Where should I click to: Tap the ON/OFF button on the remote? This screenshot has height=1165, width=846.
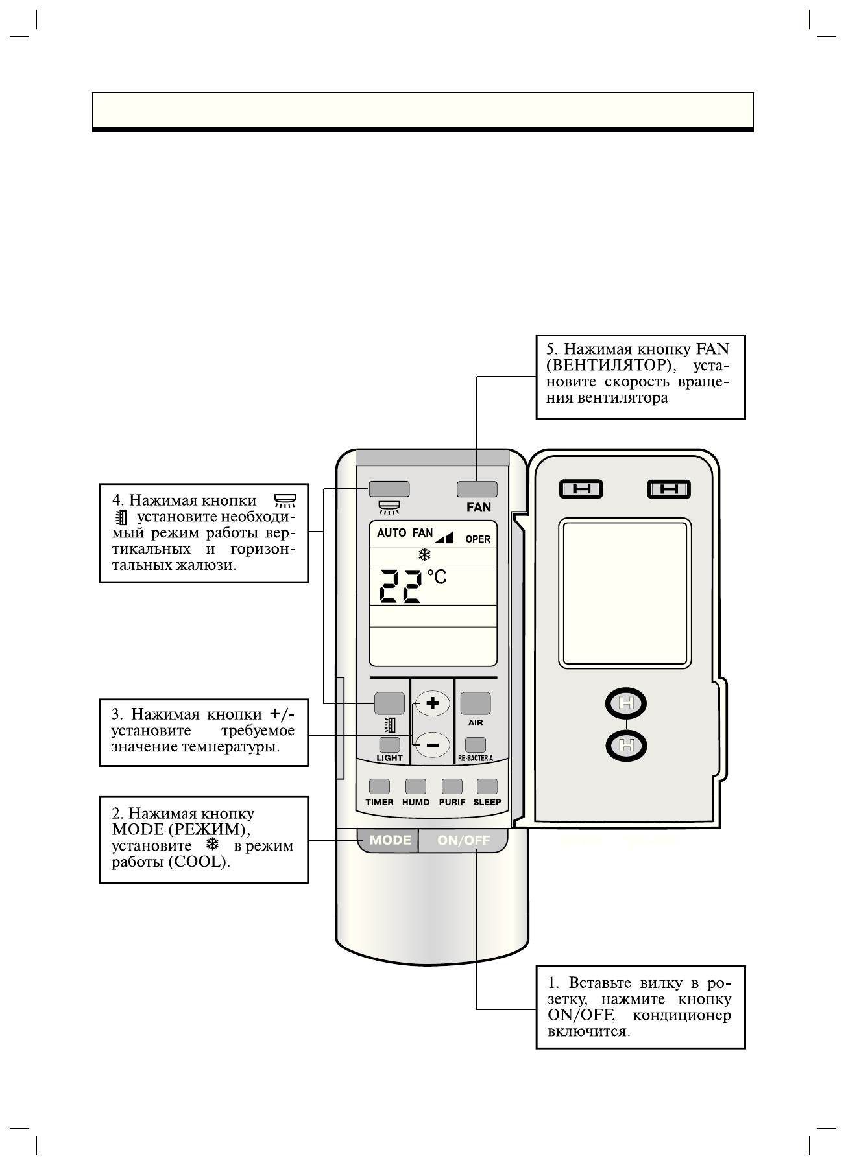click(463, 840)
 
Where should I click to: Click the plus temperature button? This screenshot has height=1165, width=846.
click(433, 703)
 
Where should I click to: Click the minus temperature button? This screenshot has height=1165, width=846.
click(433, 745)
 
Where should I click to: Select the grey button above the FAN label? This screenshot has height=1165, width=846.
click(477, 489)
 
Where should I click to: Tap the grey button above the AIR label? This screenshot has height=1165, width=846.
click(476, 703)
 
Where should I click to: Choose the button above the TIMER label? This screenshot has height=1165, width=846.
click(380, 786)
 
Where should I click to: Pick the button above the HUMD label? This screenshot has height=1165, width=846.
click(415, 786)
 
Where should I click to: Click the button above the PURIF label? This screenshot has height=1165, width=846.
click(452, 786)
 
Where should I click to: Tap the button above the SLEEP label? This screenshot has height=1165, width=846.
click(487, 786)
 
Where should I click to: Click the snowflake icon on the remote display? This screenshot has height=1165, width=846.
click(424, 556)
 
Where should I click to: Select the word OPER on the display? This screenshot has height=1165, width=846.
click(477, 539)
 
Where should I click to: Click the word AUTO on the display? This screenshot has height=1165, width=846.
click(391, 533)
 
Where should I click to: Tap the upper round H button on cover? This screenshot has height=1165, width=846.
click(626, 703)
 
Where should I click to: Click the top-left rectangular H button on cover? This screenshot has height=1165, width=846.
click(581, 489)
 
